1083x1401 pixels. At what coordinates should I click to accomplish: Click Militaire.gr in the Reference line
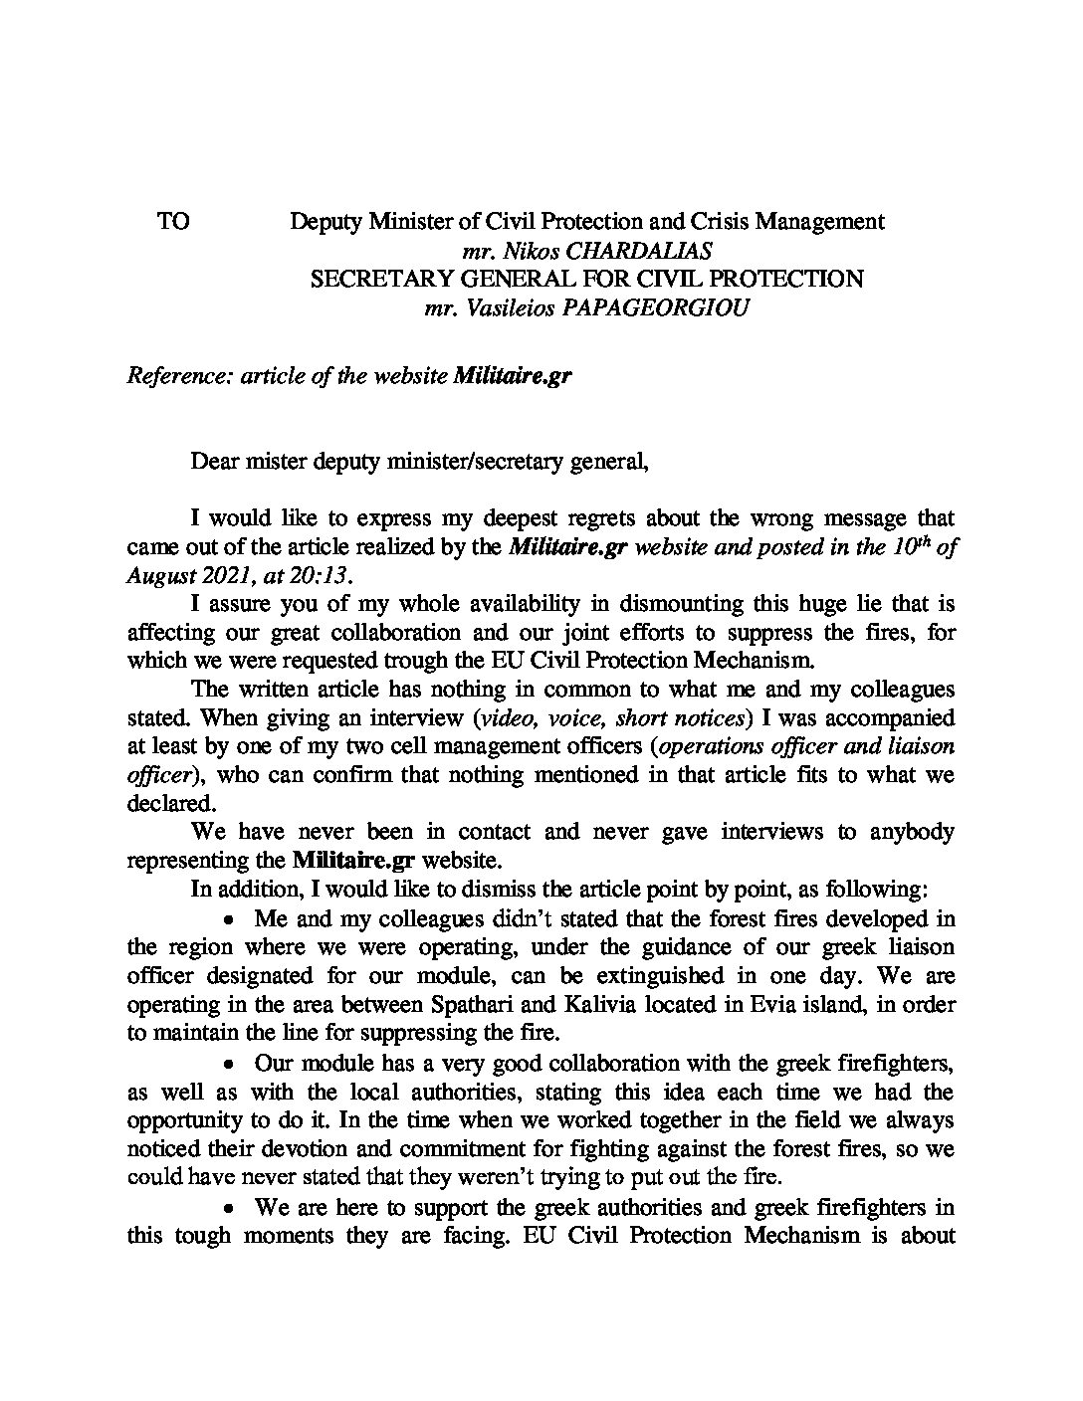pyautogui.click(x=512, y=378)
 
